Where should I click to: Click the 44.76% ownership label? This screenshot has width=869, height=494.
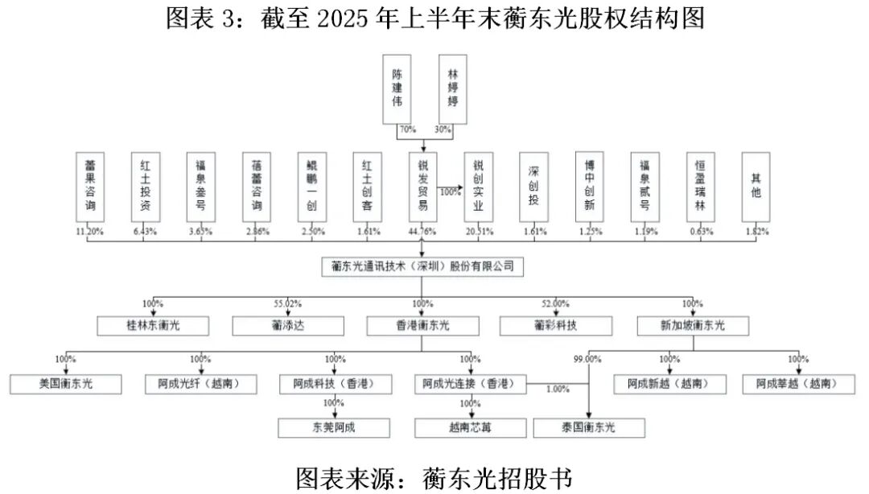pyautogui.click(x=422, y=232)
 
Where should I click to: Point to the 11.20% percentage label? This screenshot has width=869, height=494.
pyautogui.click(x=89, y=232)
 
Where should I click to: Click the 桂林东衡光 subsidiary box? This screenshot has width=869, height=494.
pyautogui.click(x=154, y=326)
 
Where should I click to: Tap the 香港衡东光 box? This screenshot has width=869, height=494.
pyautogui.click(x=422, y=326)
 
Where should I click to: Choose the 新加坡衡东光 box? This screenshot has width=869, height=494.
pyautogui.click(x=692, y=326)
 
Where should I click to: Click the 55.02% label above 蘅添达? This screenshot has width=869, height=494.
pyautogui.click(x=287, y=304)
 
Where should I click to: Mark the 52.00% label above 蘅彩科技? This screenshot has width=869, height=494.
pyautogui.click(x=556, y=304)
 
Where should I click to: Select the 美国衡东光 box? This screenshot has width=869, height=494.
pyautogui.click(x=65, y=384)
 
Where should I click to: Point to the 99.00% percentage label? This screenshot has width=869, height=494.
pyautogui.click(x=587, y=360)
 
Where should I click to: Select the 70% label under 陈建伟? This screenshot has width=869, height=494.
pyautogui.click(x=407, y=129)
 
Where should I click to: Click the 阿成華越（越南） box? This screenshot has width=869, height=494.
pyautogui.click(x=798, y=384)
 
